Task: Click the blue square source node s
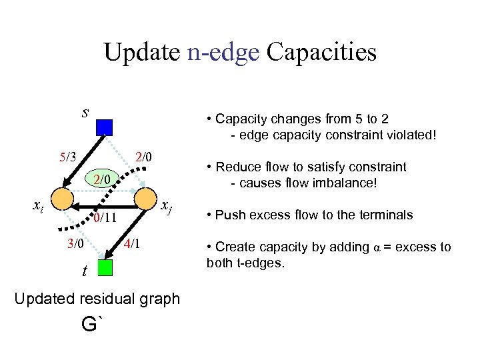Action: coord(105,127)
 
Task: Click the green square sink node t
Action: coord(105,267)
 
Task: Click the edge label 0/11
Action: coord(105,217)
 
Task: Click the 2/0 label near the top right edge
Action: coord(144,158)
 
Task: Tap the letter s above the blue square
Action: coord(85,111)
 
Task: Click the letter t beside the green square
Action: coord(85,271)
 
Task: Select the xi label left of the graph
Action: coord(39,207)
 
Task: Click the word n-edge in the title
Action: coord(223,51)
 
